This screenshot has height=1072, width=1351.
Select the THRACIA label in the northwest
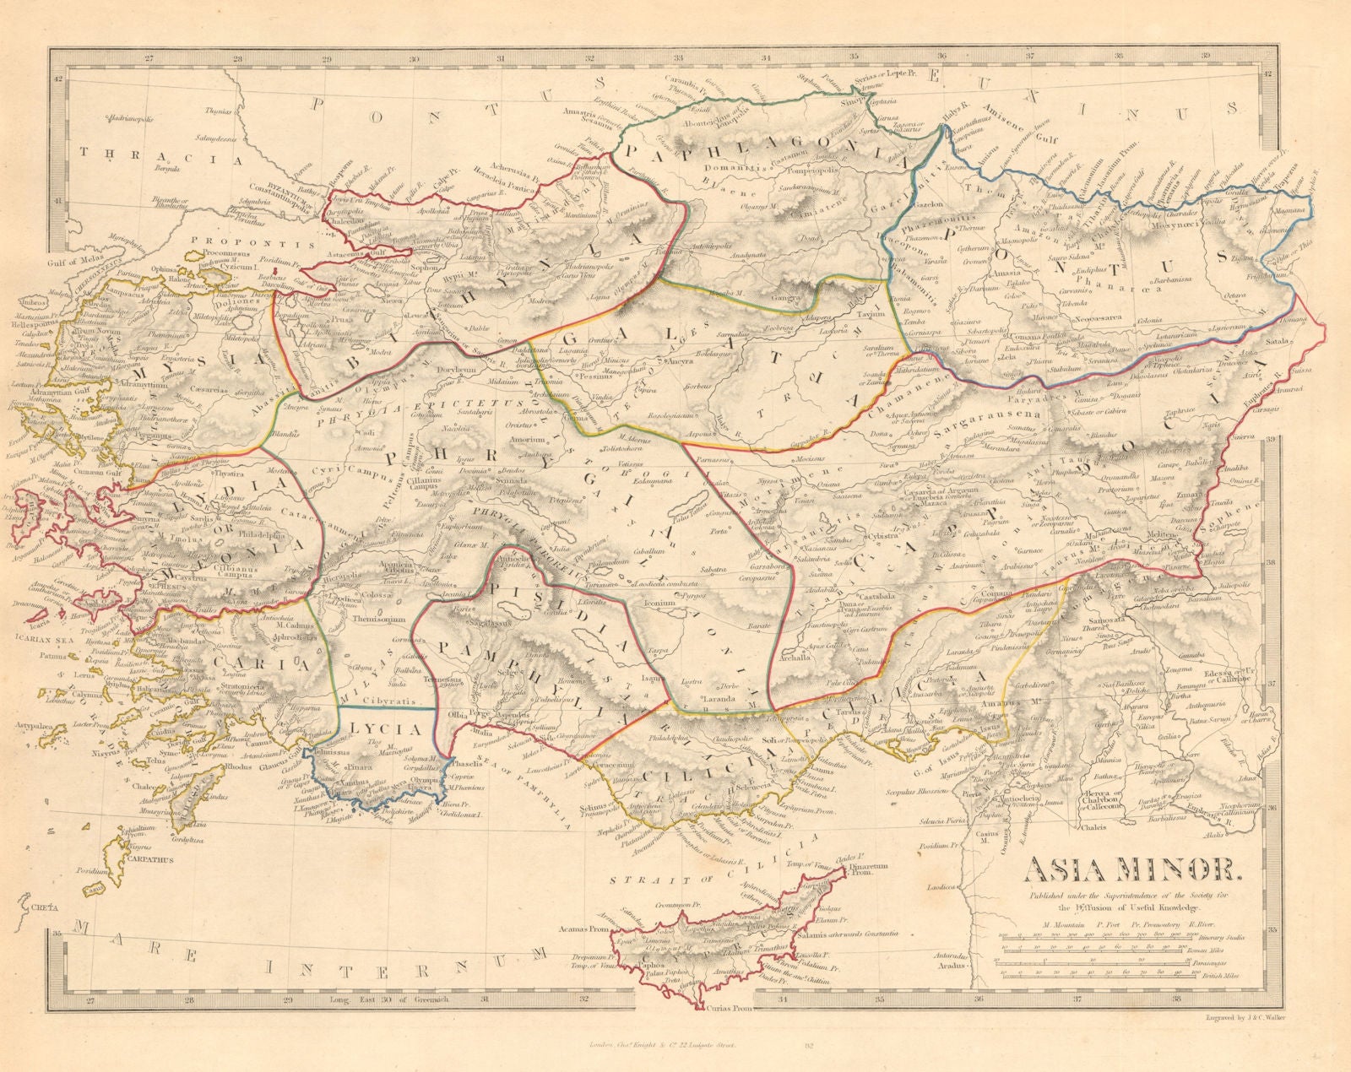tap(149, 154)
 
